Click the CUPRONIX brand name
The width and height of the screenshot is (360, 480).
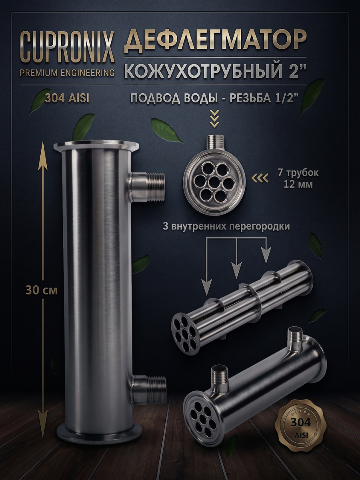pyautogui.click(x=67, y=48)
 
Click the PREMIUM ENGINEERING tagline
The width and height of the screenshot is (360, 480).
pyautogui.click(x=67, y=73)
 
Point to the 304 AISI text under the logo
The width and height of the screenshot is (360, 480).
pyautogui.click(x=67, y=99)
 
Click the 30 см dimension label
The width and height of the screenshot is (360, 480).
pyautogui.click(x=42, y=291)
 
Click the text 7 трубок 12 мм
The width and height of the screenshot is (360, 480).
pyautogui.click(x=298, y=179)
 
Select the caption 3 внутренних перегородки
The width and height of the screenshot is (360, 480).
pyautogui.click(x=226, y=226)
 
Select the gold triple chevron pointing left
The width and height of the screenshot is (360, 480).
pyautogui.click(x=260, y=178)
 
